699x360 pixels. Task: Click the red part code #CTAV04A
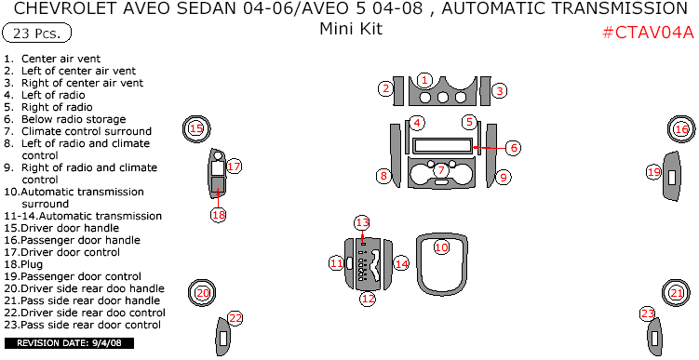pos(649,32)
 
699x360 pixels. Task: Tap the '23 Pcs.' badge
pos(37,33)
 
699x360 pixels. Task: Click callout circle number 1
pos(424,80)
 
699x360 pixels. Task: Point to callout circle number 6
pos(513,147)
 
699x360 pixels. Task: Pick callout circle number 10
pos(441,247)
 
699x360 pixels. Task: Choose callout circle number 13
pos(362,222)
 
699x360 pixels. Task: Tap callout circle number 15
pos(195,129)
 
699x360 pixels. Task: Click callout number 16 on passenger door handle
pos(681,129)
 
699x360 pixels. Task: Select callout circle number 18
pos(219,214)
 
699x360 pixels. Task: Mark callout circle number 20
pos(203,293)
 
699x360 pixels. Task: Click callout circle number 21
pos(677,293)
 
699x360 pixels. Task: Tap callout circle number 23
pos(648,313)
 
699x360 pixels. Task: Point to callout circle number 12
pos(369,299)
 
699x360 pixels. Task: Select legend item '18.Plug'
pos(38,263)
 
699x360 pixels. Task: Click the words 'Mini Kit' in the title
pos(350,28)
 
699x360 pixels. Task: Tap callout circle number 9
pos(503,177)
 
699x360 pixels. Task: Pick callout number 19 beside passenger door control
pos(653,172)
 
